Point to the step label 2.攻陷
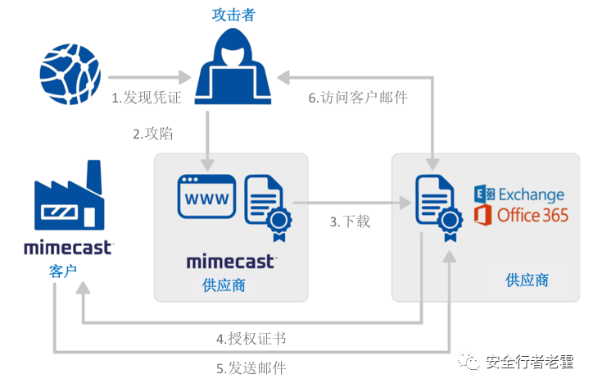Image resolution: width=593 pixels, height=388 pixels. click(x=153, y=134)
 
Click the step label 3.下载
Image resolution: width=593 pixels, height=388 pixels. click(x=350, y=221)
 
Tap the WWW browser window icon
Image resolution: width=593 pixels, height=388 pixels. click(x=207, y=199)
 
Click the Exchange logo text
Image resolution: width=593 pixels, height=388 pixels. click(x=519, y=194)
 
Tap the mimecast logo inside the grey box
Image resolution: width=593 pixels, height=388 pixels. click(x=230, y=262)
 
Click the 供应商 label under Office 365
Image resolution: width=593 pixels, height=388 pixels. click(x=527, y=280)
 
